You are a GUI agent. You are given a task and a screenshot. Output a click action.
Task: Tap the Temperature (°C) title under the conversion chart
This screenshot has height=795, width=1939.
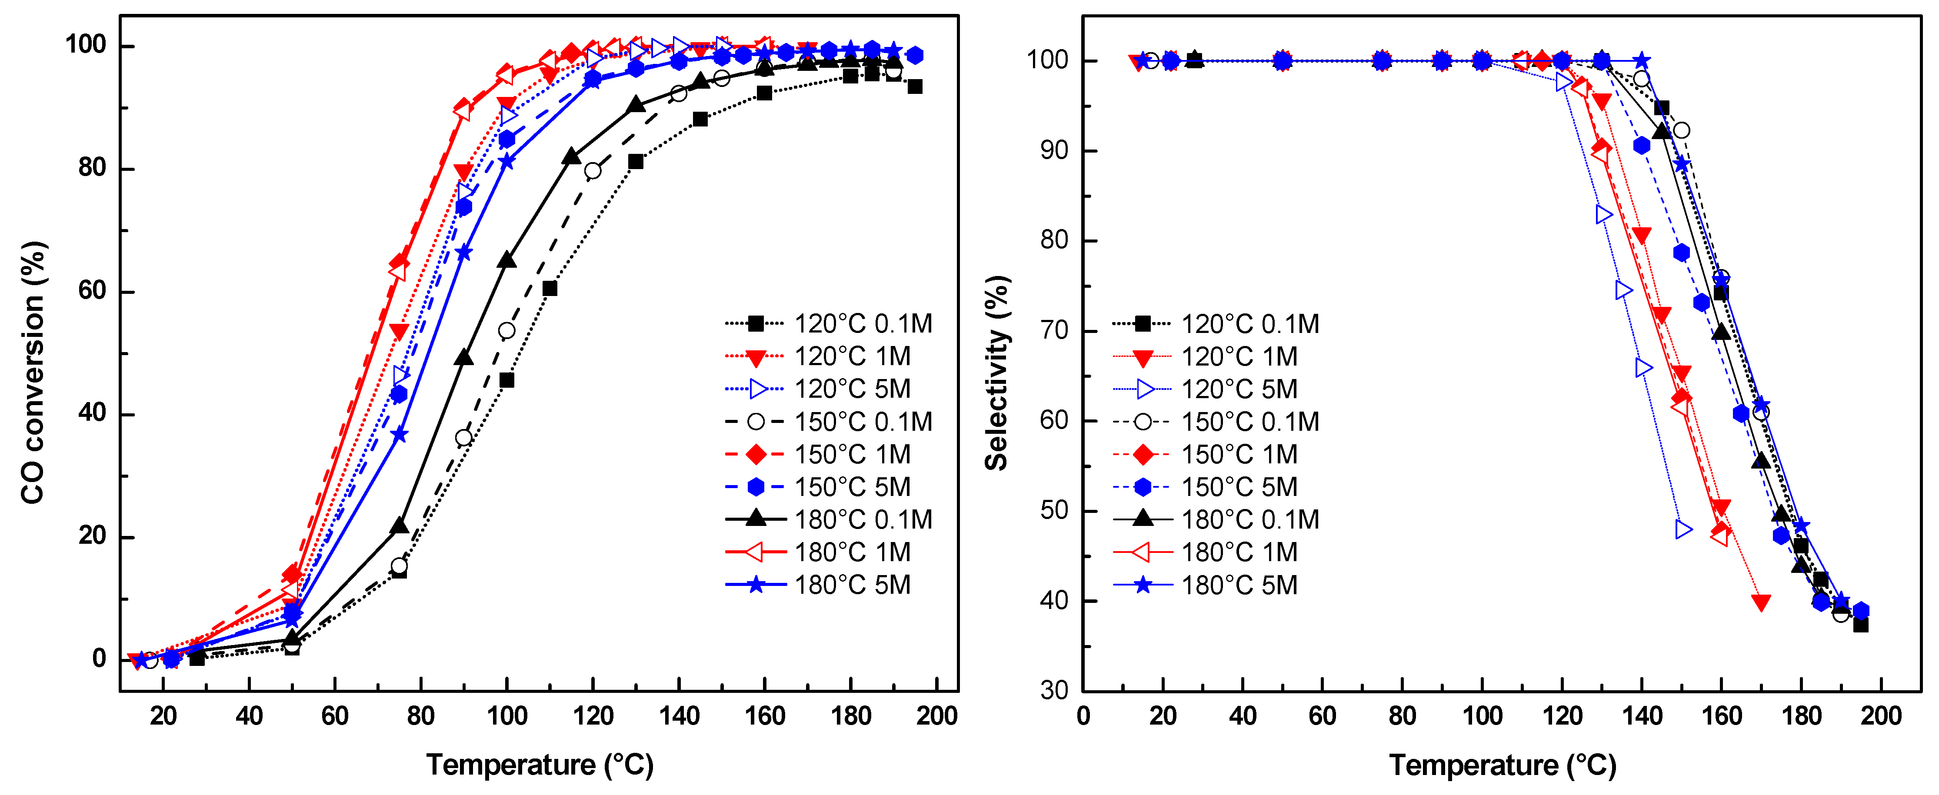click(540, 765)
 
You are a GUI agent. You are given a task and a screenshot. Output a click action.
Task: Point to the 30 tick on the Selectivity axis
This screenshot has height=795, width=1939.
click(1054, 690)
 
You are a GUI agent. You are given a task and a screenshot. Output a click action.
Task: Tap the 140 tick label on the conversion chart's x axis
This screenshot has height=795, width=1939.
click(679, 715)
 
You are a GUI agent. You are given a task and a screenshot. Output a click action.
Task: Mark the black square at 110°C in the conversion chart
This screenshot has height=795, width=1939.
click(550, 288)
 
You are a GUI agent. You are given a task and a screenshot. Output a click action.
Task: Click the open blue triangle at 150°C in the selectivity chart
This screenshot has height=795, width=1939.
click(1683, 529)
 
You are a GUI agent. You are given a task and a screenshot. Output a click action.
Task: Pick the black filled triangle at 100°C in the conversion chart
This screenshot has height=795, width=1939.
click(506, 260)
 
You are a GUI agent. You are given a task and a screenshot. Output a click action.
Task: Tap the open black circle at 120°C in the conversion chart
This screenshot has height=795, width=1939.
click(593, 171)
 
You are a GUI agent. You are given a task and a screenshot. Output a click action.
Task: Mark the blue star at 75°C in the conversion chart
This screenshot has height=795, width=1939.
click(399, 434)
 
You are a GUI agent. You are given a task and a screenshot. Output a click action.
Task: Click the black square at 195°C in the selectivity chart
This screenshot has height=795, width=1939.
click(1861, 625)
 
